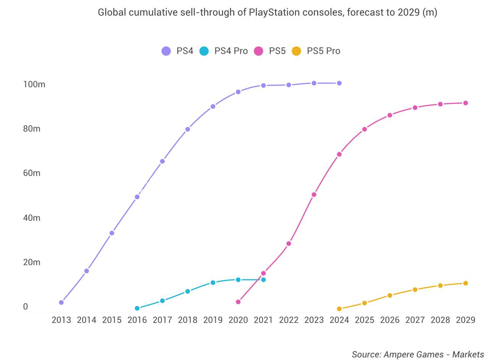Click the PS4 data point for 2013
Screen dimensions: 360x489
pyautogui.click(x=61, y=302)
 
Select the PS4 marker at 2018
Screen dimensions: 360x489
pyautogui.click(x=188, y=129)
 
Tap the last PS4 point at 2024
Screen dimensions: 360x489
pyautogui.click(x=339, y=83)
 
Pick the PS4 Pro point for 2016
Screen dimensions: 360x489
pyautogui.click(x=137, y=308)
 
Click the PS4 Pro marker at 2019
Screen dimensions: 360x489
pyautogui.click(x=213, y=282)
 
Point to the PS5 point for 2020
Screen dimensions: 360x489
pyautogui.click(x=238, y=302)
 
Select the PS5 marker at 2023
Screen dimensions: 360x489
pyautogui.click(x=314, y=195)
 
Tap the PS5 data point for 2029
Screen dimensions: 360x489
pyautogui.click(x=465, y=103)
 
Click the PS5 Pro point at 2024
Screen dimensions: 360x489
pyautogui.click(x=339, y=309)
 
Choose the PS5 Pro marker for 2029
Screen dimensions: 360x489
pyautogui.click(x=465, y=283)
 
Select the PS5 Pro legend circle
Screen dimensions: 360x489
pyautogui.click(x=296, y=51)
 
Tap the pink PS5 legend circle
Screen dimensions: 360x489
pyautogui.click(x=259, y=51)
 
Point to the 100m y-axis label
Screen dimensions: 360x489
pyautogui.click(x=34, y=84)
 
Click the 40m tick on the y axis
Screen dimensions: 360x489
pyautogui.click(x=31, y=217)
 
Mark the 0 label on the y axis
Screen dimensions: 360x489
pyautogui.click(x=26, y=306)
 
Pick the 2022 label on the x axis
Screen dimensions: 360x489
pyautogui.click(x=288, y=320)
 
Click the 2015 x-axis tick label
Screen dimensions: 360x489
pyautogui.click(x=112, y=320)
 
